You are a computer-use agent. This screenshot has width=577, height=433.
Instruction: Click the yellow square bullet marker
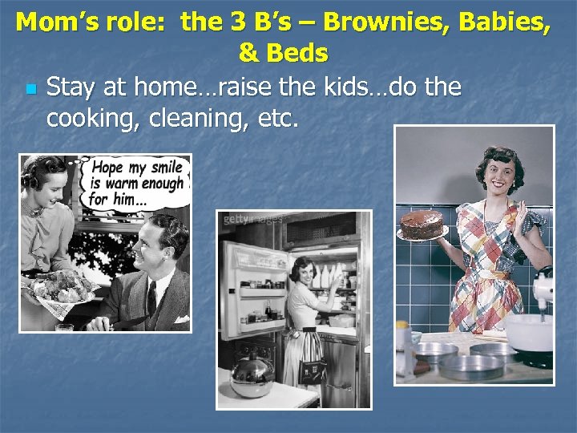(30, 87)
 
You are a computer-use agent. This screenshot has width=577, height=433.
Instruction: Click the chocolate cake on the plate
(422, 224)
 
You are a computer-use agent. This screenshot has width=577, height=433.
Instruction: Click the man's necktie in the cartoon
(151, 297)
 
